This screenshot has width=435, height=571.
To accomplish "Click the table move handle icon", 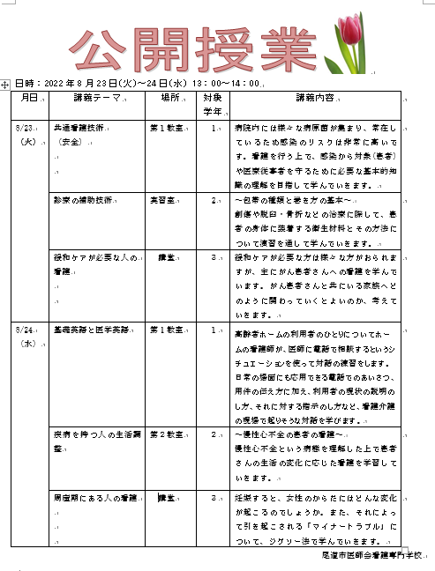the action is [6, 84].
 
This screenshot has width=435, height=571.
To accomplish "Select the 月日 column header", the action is [29, 97].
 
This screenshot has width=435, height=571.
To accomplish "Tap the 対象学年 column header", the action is [212, 104].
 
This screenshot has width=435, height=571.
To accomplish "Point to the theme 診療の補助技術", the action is [82, 200].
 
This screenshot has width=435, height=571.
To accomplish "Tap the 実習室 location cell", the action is [161, 200].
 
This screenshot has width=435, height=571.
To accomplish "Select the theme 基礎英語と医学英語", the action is [90, 330].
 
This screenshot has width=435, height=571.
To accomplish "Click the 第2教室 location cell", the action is [167, 434].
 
